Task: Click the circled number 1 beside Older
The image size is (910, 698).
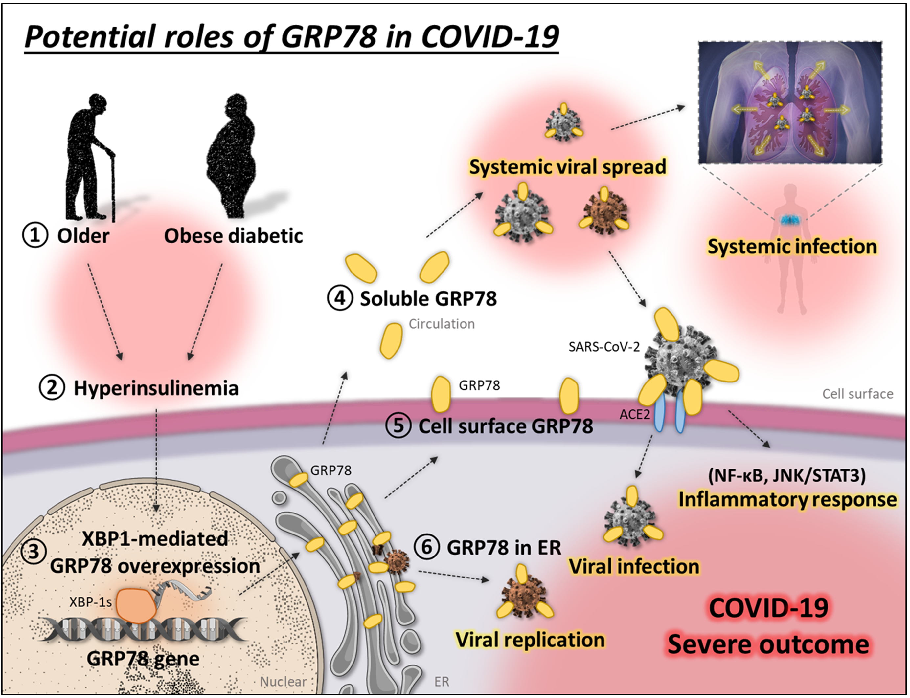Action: point(35,236)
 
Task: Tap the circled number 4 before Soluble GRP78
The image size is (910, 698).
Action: point(340,298)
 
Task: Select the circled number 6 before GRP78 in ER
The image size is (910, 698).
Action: point(426,547)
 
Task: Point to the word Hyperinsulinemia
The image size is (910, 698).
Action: point(156,388)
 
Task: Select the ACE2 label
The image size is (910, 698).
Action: point(634,414)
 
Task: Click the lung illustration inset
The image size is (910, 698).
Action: point(790,102)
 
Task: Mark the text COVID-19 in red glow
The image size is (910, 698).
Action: point(768,607)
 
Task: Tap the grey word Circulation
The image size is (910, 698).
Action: point(442,324)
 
